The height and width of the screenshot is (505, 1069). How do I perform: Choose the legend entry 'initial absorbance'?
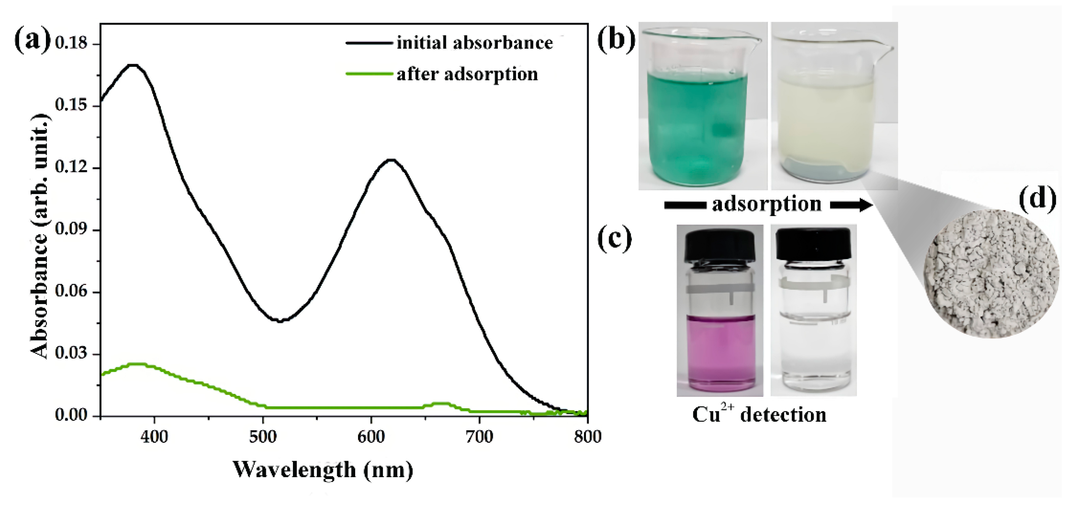pos(474,43)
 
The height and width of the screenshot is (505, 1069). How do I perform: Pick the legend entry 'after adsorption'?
pos(467,74)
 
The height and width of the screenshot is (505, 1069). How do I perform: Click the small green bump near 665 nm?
pos(441,403)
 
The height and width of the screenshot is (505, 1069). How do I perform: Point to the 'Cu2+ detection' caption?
pos(759,415)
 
